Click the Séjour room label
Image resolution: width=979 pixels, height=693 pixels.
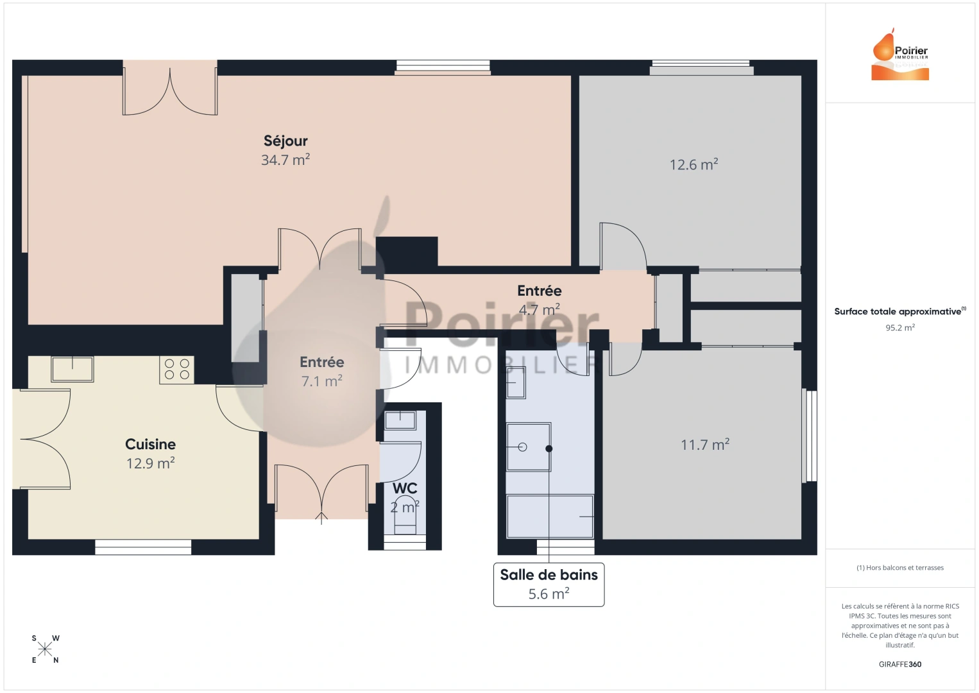click(x=285, y=141)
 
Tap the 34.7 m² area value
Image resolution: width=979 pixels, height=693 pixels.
click(x=285, y=160)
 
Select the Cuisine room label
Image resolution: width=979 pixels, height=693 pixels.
click(x=150, y=444)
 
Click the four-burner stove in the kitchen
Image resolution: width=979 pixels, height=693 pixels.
click(x=176, y=370)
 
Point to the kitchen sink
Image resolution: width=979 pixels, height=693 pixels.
click(x=72, y=369)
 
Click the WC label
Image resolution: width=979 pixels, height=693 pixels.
click(x=405, y=488)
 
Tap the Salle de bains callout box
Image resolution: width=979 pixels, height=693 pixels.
click(x=549, y=584)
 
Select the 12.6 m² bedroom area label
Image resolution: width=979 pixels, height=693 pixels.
click(x=694, y=165)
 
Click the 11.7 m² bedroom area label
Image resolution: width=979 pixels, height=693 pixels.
click(x=704, y=445)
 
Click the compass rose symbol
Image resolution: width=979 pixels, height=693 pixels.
click(x=45, y=649)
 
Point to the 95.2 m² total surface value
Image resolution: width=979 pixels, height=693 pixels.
click(x=900, y=328)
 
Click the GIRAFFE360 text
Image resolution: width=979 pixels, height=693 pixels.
click(x=900, y=664)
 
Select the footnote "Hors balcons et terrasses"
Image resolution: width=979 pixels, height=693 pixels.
click(x=900, y=568)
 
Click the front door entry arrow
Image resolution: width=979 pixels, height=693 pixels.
click(x=321, y=517)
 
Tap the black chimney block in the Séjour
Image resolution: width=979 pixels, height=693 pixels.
click(x=407, y=251)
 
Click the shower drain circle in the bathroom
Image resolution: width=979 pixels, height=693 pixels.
click(x=522, y=447)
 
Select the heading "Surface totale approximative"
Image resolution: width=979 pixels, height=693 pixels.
click(x=898, y=312)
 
